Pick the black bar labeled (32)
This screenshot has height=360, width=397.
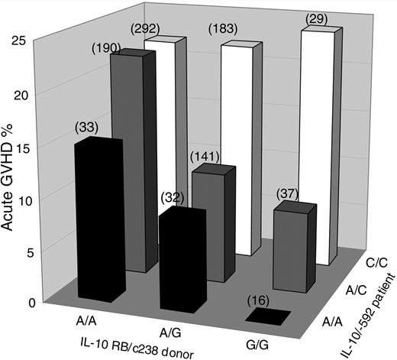pyautogui.click(x=180, y=260)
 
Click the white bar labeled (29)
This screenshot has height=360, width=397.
pyautogui.click(x=321, y=145)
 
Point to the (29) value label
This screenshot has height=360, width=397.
pyautogui.click(x=315, y=18)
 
